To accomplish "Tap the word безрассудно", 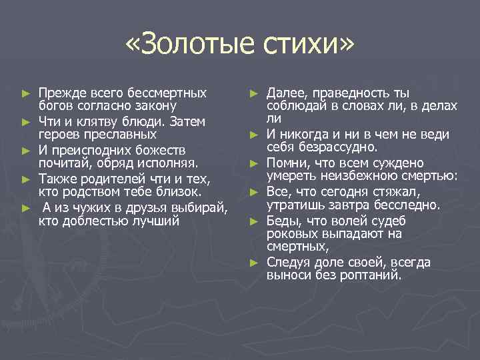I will click(343, 147).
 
